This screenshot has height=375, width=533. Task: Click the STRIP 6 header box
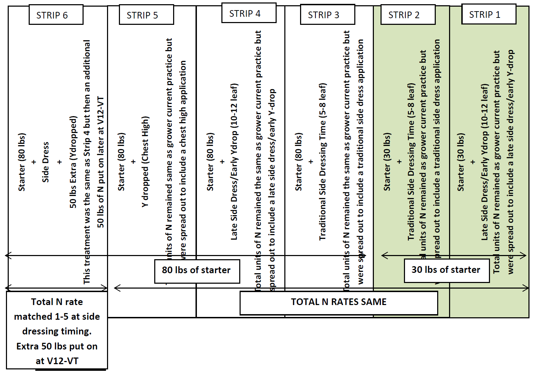56,15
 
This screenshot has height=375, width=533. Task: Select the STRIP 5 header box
146,15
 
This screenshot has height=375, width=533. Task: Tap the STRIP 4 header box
249,13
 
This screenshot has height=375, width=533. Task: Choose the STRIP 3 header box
327,15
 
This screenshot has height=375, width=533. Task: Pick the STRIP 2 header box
408,15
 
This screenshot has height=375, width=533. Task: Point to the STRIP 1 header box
489,14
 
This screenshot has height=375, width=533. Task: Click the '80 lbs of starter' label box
197,271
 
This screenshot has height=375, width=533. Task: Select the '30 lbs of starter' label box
446,270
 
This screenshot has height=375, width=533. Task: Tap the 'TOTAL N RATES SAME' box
339,302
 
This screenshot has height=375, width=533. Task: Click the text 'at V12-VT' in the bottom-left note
57,361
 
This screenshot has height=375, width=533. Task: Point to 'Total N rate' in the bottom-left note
57,302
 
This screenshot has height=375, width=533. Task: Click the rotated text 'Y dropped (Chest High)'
145,162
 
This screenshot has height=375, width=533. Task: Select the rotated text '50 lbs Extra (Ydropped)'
73,162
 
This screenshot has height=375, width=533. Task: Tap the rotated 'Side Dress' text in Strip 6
45,162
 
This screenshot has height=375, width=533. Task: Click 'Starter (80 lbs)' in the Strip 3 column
298,162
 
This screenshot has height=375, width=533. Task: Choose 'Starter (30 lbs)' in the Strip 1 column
461,162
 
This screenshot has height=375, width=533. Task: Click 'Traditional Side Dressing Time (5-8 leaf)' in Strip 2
411,162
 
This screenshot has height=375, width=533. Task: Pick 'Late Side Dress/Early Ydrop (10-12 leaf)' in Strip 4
234,162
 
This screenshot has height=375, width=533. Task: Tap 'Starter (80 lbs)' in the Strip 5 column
121,162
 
